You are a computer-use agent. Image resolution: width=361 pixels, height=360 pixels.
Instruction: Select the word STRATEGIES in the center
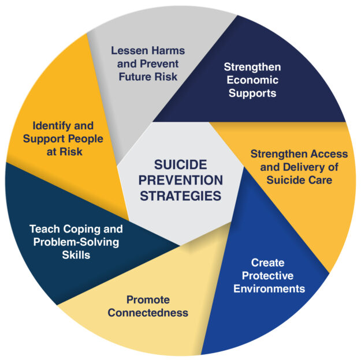pyautogui.click(x=180, y=196)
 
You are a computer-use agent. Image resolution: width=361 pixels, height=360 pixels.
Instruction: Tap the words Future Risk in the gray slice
pyautogui.click(x=145, y=76)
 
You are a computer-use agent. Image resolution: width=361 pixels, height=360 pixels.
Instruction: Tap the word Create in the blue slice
pyautogui.click(x=268, y=263)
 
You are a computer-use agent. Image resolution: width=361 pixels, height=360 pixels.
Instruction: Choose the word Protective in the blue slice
pyautogui.click(x=268, y=275)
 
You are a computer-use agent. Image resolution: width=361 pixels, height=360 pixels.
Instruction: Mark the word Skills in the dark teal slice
pyautogui.click(x=76, y=254)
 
